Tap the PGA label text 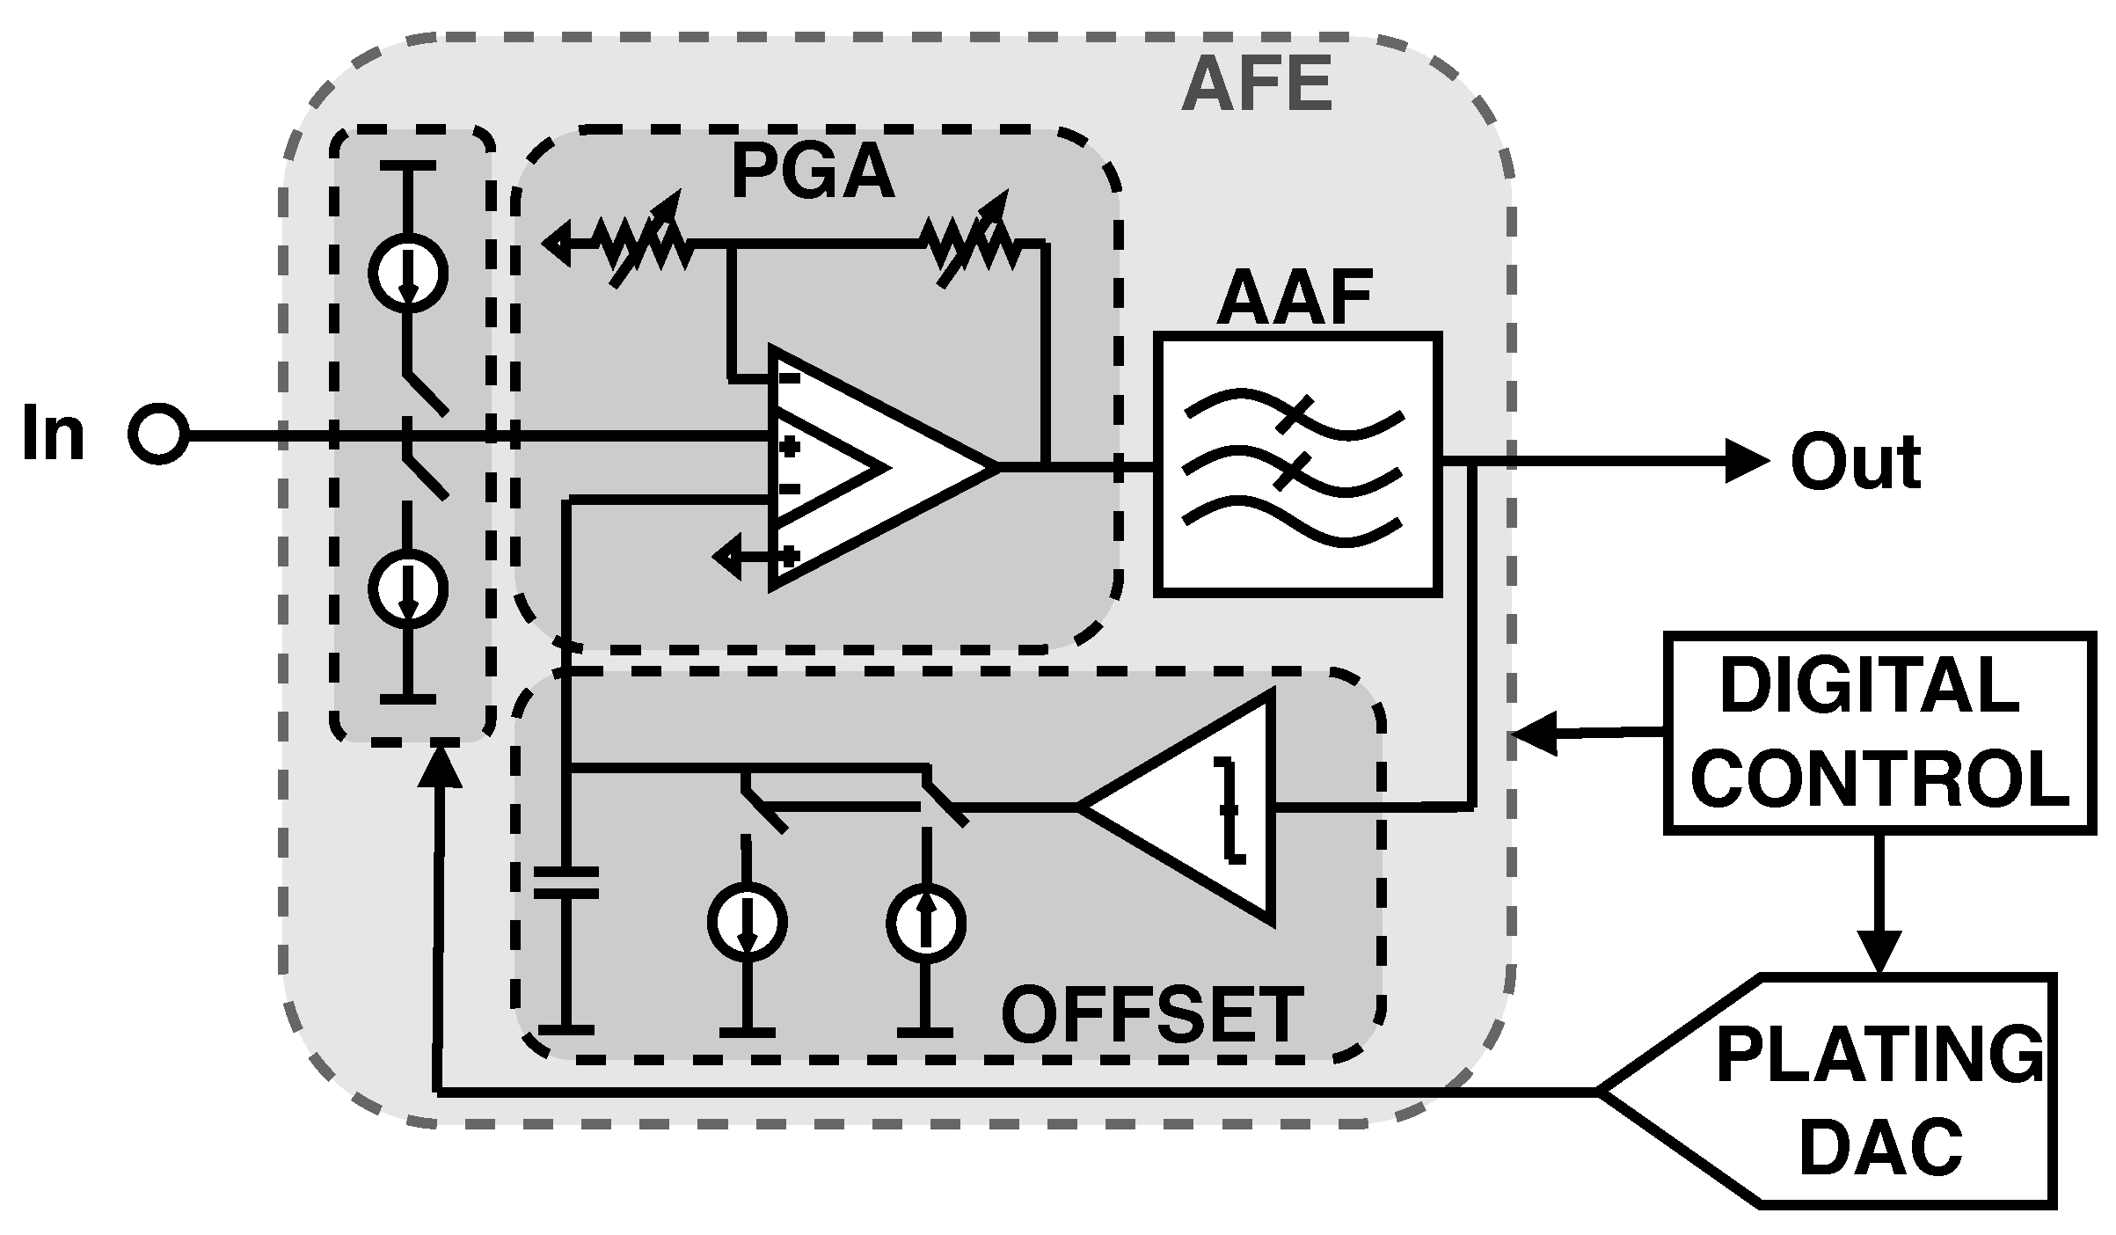(813, 173)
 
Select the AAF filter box (1298, 464)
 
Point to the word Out (1856, 463)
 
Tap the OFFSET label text (1152, 1014)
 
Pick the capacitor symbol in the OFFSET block (567, 882)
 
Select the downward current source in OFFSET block (748, 922)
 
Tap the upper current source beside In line (407, 272)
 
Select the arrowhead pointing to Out (1746, 461)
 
